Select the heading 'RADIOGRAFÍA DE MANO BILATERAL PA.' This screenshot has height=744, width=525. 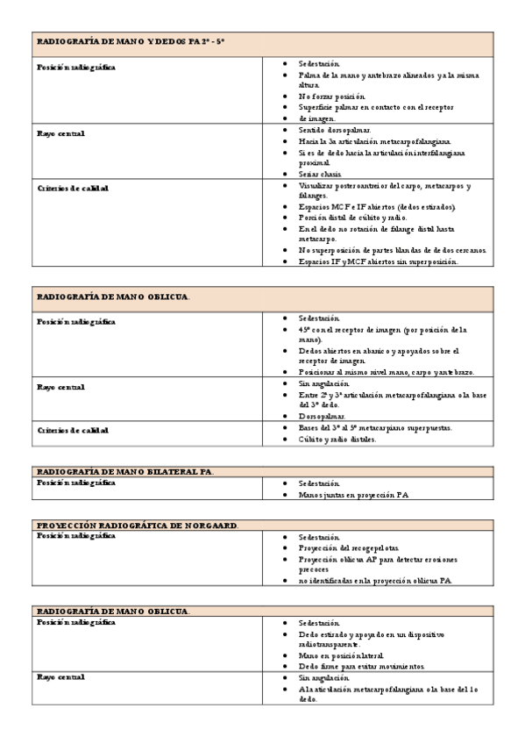(124, 472)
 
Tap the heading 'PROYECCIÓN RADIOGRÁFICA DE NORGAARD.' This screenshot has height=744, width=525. (138, 525)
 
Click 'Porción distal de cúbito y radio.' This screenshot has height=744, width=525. (352, 218)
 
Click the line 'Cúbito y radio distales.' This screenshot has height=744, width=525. (337, 440)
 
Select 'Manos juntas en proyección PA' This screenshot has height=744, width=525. (353, 495)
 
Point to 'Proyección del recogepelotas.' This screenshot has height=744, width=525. (349, 547)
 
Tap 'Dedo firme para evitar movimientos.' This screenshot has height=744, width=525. (362, 666)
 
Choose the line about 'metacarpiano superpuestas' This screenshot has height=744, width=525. (387, 427)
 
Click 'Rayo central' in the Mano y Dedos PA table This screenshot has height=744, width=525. (60, 134)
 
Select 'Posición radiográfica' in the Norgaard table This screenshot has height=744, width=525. (75, 536)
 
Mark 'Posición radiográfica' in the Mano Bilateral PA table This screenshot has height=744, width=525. (75, 483)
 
